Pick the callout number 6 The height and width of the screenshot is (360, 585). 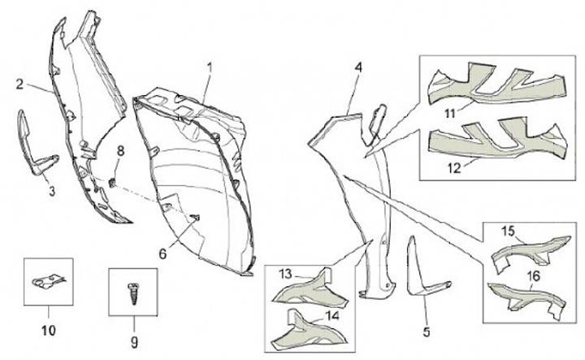tap(162, 254)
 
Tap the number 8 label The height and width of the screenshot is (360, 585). tap(120, 151)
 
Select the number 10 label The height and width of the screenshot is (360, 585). tap(46, 331)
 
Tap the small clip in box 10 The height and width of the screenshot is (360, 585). tap(47, 280)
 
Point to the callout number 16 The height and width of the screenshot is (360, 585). tap(534, 276)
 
